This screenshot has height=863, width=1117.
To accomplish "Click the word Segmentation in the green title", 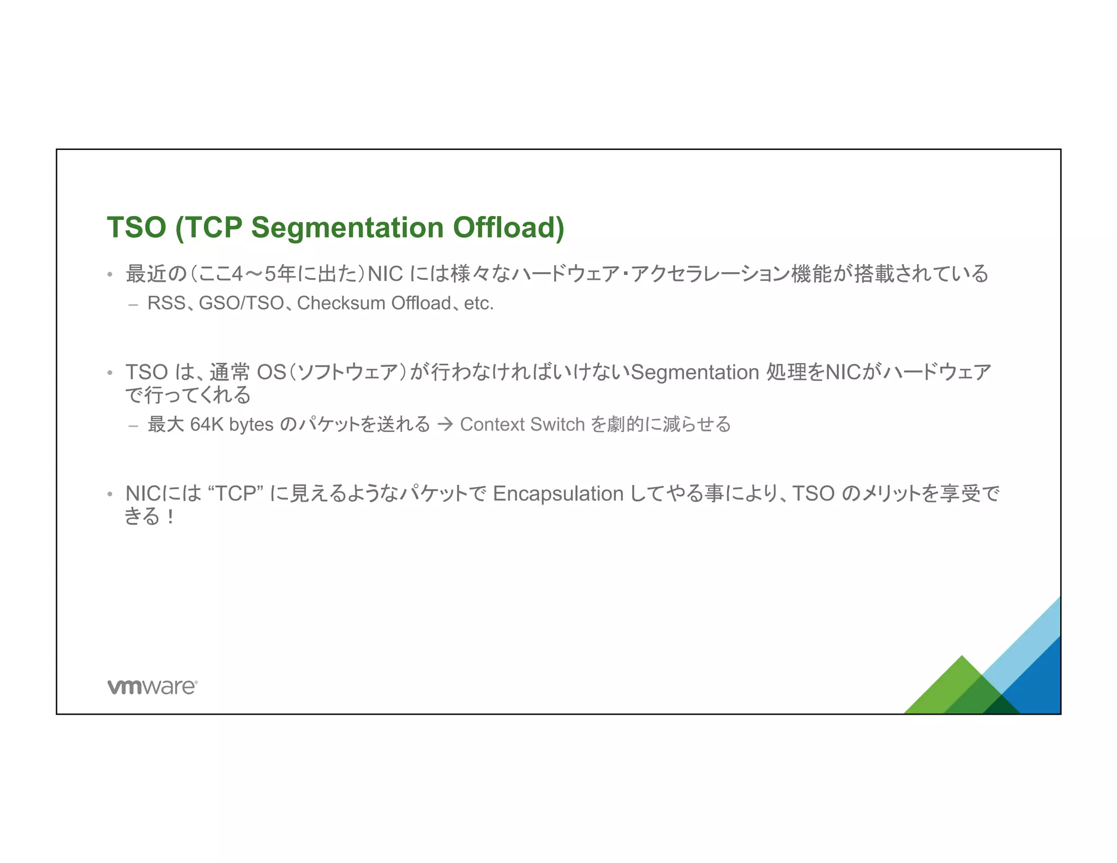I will click(347, 227).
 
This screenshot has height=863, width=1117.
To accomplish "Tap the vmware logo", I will click(152, 686).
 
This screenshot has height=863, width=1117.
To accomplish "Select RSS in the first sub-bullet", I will click(166, 303).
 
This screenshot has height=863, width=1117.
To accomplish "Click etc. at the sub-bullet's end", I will click(478, 303).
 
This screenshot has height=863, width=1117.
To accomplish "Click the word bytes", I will click(251, 424).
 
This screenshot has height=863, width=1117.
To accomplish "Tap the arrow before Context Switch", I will click(445, 424).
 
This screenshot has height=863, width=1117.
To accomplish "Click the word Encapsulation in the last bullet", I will click(557, 494).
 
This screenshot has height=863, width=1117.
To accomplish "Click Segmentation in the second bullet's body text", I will click(695, 373).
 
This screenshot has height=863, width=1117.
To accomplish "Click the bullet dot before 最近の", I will click(110, 274).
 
